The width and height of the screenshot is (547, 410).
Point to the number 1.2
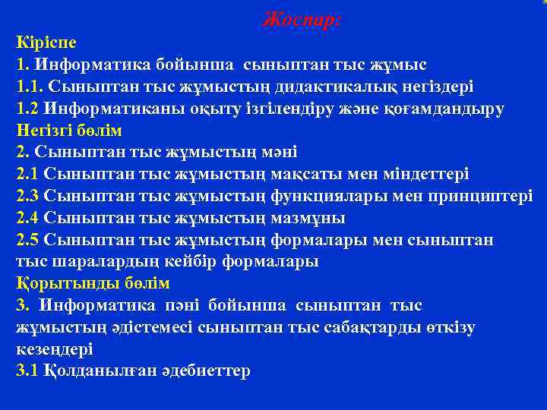click(27, 108)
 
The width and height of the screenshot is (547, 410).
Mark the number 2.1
click(27, 174)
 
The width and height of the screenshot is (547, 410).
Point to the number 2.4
click(27, 218)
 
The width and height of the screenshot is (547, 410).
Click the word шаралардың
click(97, 262)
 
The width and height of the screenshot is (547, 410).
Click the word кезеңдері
click(55, 349)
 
